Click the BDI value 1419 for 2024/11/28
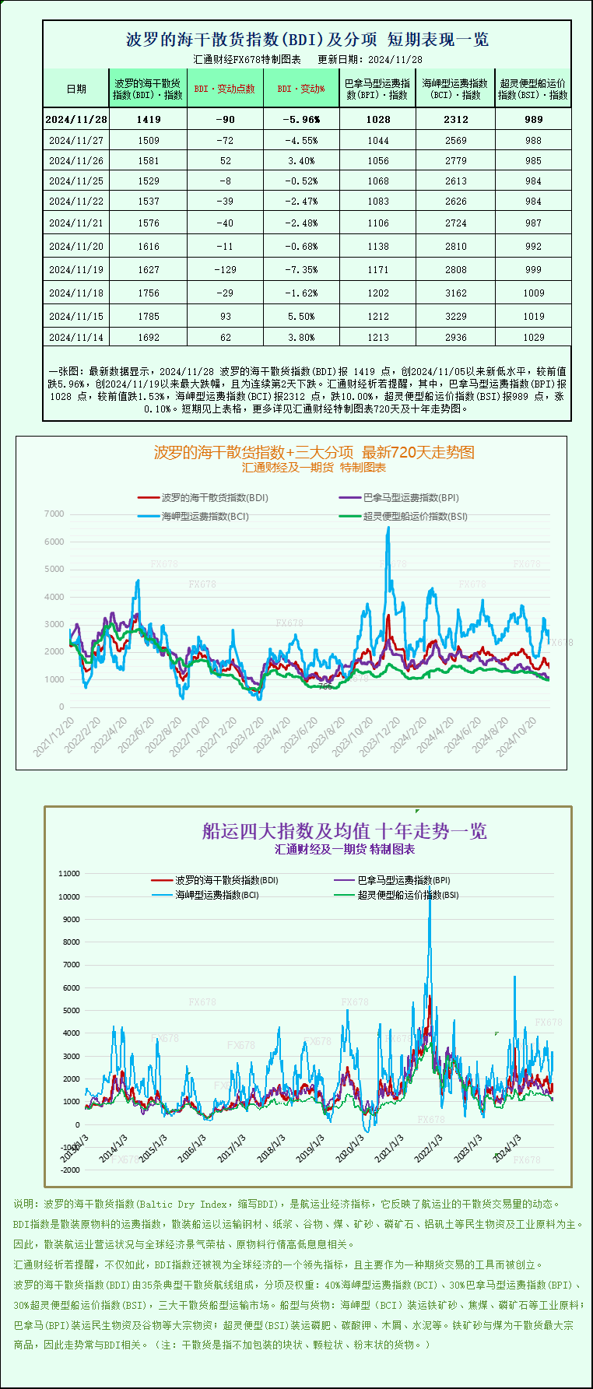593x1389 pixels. (148, 119)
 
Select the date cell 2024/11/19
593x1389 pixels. (76, 269)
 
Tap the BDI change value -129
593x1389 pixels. (226, 269)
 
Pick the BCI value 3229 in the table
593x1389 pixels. (456, 316)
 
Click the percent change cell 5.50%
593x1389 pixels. (301, 316)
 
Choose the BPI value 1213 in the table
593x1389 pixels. (378, 337)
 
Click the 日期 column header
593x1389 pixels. (76, 89)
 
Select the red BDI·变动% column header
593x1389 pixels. (301, 89)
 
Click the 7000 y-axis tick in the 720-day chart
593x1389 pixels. (54, 514)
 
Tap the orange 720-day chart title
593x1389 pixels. (314, 452)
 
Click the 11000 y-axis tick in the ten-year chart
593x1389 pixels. (69, 873)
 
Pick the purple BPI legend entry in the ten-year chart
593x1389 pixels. (403, 880)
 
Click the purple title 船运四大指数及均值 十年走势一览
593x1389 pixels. (345, 831)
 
